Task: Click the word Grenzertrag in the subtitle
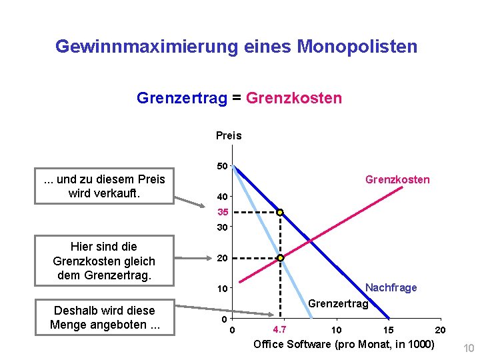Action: pyautogui.click(x=181, y=99)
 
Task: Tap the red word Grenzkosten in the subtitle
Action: pyautogui.click(x=294, y=99)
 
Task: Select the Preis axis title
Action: pyautogui.click(x=229, y=135)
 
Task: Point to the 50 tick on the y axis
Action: pyautogui.click(x=222, y=165)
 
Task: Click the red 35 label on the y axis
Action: pyautogui.click(x=222, y=213)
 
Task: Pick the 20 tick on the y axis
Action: pyautogui.click(x=222, y=258)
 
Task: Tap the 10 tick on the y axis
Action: pyautogui.click(x=222, y=289)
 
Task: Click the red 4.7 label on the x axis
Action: pyautogui.click(x=280, y=329)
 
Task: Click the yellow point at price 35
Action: pyautogui.click(x=281, y=213)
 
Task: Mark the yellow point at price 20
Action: pyautogui.click(x=281, y=258)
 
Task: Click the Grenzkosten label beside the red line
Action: pyautogui.click(x=397, y=179)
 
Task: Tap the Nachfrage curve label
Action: pyautogui.click(x=391, y=287)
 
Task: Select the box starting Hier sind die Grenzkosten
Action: pyautogui.click(x=104, y=261)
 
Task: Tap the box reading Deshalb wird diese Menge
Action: pyautogui.click(x=104, y=318)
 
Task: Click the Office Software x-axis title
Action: pyautogui.click(x=343, y=344)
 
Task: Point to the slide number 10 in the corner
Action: pyautogui.click(x=468, y=348)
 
